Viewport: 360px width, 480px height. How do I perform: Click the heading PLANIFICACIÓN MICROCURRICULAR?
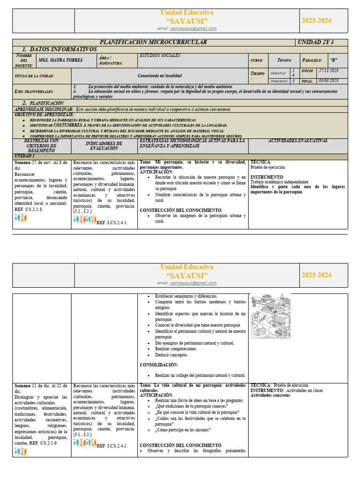154,42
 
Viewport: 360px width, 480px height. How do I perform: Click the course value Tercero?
284,60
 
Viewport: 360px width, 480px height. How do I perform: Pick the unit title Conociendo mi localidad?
159,75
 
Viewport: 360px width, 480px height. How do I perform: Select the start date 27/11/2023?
329,70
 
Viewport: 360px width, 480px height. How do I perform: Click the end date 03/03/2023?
329,81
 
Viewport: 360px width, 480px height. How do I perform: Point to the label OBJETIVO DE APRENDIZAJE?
45,114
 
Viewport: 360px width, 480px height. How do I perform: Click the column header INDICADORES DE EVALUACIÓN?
104,146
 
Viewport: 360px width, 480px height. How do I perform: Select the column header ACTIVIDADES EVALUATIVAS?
298,141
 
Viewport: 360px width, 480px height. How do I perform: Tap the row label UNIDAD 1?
25,156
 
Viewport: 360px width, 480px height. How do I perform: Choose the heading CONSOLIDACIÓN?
159,365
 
